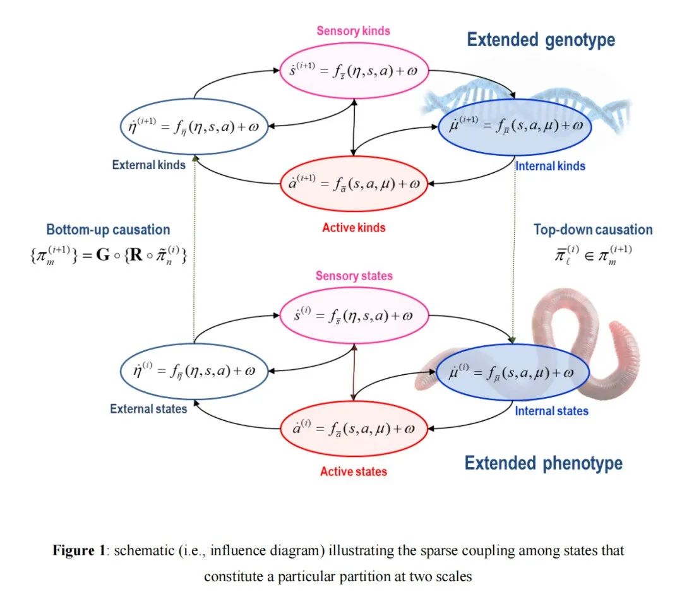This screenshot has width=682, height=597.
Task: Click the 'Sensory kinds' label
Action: coord(353,31)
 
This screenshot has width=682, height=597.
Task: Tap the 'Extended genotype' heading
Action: coord(541,40)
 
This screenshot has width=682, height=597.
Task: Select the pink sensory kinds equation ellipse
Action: coord(354,71)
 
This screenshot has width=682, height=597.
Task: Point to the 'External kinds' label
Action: coord(149,165)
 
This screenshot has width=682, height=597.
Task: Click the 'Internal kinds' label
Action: coord(551,167)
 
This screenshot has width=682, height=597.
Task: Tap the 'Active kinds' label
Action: coord(354,228)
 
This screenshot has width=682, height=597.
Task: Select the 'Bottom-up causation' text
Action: coord(108,230)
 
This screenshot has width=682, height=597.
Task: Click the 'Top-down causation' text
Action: coord(593,230)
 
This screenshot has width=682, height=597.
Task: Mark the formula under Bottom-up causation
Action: coord(108,256)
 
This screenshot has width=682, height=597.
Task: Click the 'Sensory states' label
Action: coord(354,276)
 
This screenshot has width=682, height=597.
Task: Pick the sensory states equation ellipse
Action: coord(354,315)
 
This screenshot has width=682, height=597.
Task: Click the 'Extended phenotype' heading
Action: coord(543,463)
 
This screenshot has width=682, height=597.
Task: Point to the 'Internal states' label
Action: coord(551,411)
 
